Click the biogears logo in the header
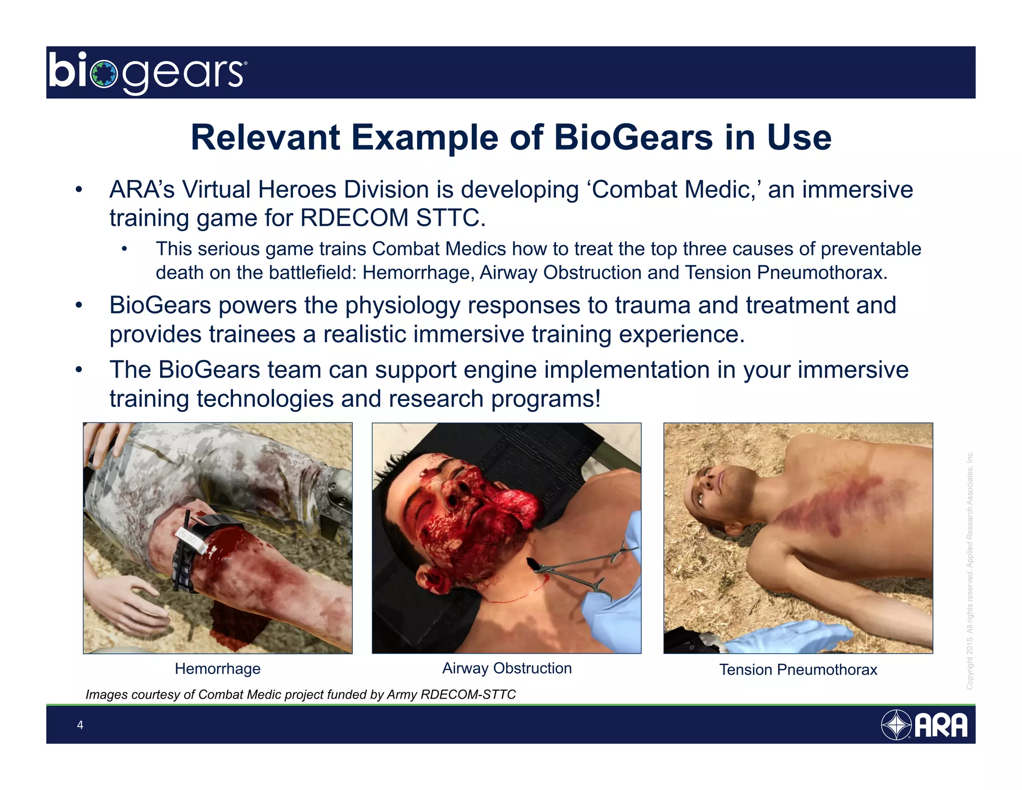[x=147, y=73]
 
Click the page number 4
[x=80, y=725]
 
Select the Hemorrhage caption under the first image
[x=218, y=669]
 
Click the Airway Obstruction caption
[x=507, y=668]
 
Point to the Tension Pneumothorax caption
[x=798, y=670]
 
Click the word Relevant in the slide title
[x=265, y=138]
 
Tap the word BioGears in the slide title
[x=633, y=138]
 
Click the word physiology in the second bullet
[x=402, y=306]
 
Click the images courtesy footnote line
[x=300, y=695]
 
